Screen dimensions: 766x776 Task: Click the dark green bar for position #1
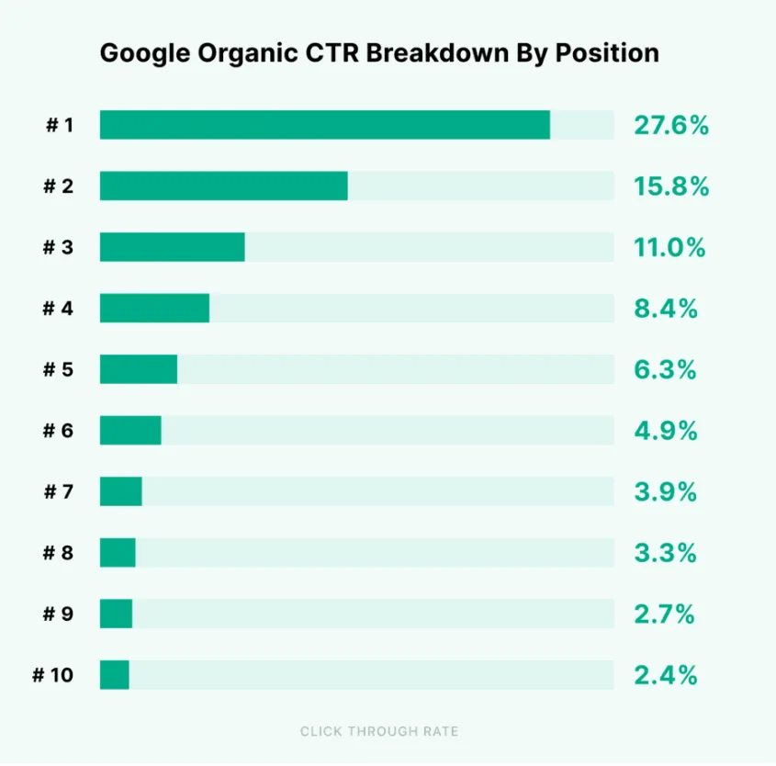[x=324, y=125]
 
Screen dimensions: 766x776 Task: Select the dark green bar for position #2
[x=223, y=186]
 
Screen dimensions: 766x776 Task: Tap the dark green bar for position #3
[x=172, y=247]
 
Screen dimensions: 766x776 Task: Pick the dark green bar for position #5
[x=138, y=369]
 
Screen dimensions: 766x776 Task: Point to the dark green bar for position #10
[x=114, y=675]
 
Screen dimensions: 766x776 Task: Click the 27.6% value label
[x=670, y=125]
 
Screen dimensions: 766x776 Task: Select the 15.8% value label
[x=670, y=186]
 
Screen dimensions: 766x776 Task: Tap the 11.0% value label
[x=669, y=247]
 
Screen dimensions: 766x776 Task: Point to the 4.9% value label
[x=665, y=431]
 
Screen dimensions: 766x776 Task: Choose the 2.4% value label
[x=665, y=675]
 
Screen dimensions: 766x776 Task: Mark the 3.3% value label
[x=665, y=553]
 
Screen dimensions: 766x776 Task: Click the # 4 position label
[x=58, y=309]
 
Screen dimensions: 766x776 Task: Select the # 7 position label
[x=58, y=492]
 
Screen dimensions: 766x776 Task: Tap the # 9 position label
[x=58, y=614]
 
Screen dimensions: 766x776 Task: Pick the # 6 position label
[x=58, y=431]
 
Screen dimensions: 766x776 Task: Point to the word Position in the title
[x=613, y=53]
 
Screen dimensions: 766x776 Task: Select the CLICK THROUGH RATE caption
[x=379, y=732]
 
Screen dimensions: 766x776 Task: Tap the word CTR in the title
[x=337, y=53]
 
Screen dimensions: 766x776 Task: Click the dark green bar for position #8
[x=118, y=553]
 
